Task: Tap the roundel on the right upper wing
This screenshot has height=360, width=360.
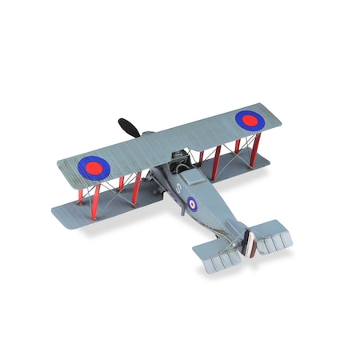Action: point(250,119)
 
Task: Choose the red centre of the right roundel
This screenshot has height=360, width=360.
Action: point(250,119)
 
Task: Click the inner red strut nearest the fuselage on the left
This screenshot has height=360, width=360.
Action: point(138,187)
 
